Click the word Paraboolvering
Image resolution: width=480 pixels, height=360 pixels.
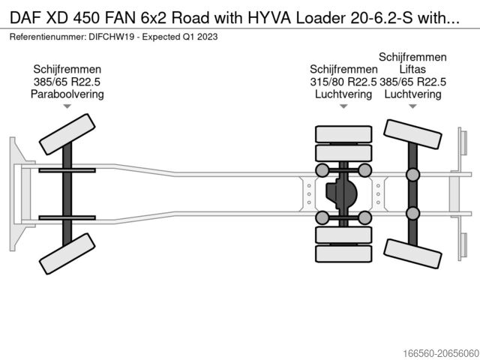click(x=67, y=94)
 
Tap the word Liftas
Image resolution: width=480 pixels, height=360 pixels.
click(x=412, y=70)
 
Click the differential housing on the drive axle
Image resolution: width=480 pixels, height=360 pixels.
click(x=342, y=193)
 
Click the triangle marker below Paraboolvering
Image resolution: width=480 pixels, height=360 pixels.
click(x=67, y=106)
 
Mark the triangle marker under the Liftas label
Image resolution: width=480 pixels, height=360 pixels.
click(x=412, y=106)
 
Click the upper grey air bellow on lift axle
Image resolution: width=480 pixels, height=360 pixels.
click(x=412, y=175)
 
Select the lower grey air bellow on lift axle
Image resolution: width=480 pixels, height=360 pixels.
click(x=412, y=211)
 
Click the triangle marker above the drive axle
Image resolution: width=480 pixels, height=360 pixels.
click(x=343, y=106)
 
